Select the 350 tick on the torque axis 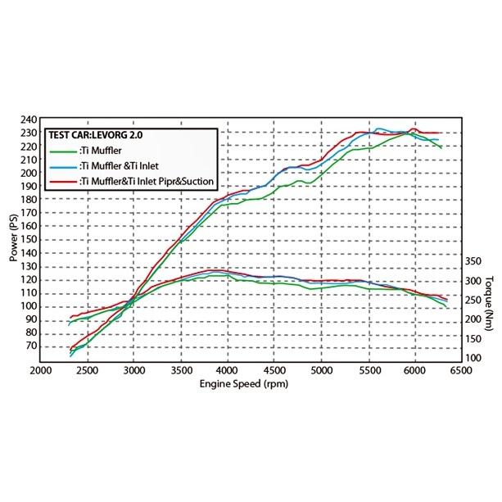click(x=475, y=261)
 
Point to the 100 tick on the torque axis click(x=475, y=358)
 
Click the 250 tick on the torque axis click(x=475, y=301)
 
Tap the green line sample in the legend click(x=62, y=152)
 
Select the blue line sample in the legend click(x=62, y=166)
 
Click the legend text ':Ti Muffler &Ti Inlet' click(x=123, y=166)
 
